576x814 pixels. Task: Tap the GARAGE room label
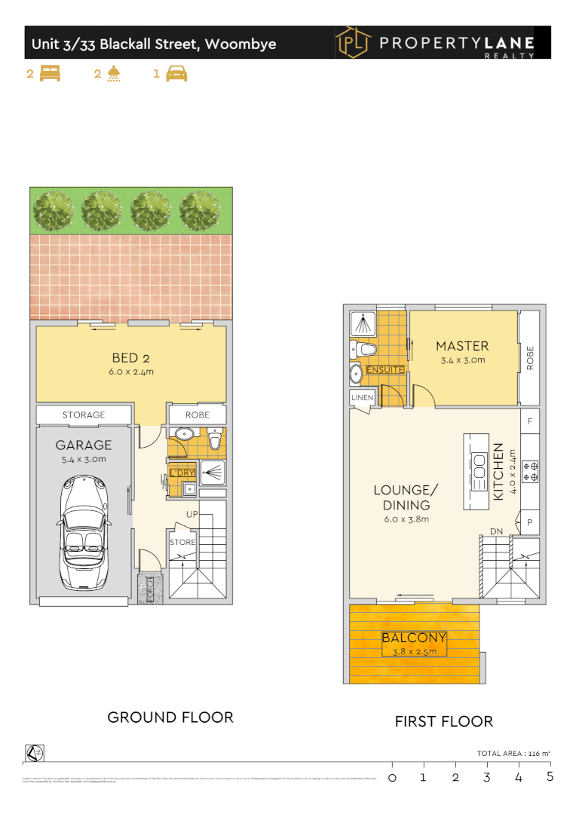84,445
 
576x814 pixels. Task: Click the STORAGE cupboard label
84,415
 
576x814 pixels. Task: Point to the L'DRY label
182,473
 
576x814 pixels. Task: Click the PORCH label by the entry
149,589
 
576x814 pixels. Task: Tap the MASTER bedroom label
462,346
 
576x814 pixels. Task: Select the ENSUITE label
385,369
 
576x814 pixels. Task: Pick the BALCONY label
414,638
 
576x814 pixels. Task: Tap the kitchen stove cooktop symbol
530,471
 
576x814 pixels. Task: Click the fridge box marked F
531,421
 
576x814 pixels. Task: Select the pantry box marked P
530,522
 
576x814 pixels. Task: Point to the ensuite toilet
366,350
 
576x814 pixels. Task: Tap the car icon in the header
176,74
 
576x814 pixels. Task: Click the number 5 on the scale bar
550,776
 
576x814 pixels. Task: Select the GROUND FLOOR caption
170,717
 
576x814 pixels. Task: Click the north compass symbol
34,753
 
